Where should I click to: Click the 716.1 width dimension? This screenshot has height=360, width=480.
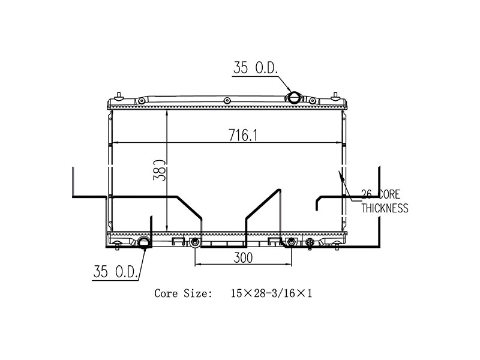(x=242, y=136)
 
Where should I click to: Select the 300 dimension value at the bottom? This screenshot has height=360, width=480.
(x=243, y=257)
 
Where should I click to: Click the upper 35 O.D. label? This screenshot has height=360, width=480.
(x=255, y=68)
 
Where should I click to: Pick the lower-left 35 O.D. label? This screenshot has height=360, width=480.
(x=116, y=272)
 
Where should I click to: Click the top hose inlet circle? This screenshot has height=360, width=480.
(x=295, y=98)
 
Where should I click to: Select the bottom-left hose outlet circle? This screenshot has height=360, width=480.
(x=145, y=243)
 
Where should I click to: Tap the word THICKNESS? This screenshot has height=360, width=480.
(x=384, y=208)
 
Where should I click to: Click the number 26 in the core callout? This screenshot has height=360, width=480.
(x=366, y=194)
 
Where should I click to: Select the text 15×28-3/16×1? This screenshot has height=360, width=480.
(x=271, y=293)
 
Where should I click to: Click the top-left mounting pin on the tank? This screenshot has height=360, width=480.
(x=119, y=94)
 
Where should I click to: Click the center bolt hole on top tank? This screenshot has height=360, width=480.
(x=226, y=100)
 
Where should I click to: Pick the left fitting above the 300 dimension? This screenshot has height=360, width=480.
(x=195, y=242)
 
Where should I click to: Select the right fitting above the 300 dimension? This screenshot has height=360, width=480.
(x=291, y=242)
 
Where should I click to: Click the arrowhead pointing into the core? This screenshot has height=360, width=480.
(x=340, y=175)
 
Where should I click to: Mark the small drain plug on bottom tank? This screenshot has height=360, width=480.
(x=310, y=243)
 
